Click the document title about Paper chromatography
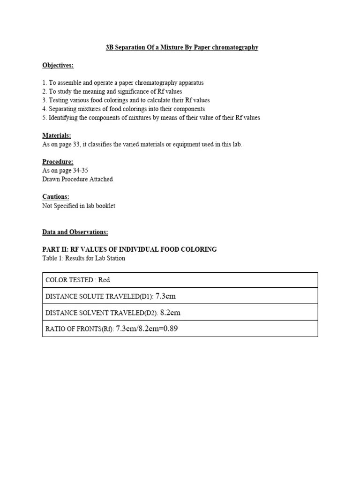point(182,47)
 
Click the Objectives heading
point(58,65)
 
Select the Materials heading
point(56,135)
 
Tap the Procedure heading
point(58,162)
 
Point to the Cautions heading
point(55,197)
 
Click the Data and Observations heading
point(75,232)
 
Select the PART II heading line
point(129,249)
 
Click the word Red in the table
point(104,280)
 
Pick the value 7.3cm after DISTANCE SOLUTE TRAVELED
point(165,296)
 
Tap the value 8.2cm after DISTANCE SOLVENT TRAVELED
point(170,312)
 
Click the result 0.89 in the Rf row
point(170,329)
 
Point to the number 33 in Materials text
point(76,144)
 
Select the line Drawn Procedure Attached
point(77,179)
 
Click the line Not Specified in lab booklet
point(79,206)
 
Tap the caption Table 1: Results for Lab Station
point(83,258)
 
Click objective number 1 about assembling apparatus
point(123,82)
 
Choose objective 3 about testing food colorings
point(126,100)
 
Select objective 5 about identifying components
point(151,118)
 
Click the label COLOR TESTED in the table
point(69,280)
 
